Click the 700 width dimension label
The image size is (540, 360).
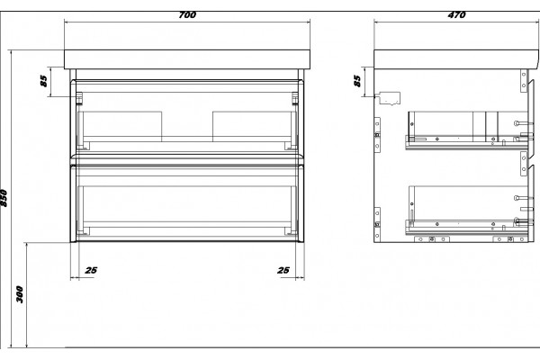point(187,14)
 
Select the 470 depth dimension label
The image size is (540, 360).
point(456,14)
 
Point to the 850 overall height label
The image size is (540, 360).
point(4,198)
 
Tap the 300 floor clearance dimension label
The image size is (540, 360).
point(20,294)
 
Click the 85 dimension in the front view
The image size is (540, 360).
point(43,81)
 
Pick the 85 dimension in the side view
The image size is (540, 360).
point(357,81)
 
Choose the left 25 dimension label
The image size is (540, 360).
point(91,270)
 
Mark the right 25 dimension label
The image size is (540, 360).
point(283,270)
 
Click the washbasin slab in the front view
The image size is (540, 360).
point(187,59)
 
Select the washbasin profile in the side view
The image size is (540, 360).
point(456,59)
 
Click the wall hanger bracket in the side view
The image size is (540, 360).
point(390,98)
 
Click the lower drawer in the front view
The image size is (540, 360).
point(187,203)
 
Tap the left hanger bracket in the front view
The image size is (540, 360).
point(79,98)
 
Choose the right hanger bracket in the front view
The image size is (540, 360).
point(295,98)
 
